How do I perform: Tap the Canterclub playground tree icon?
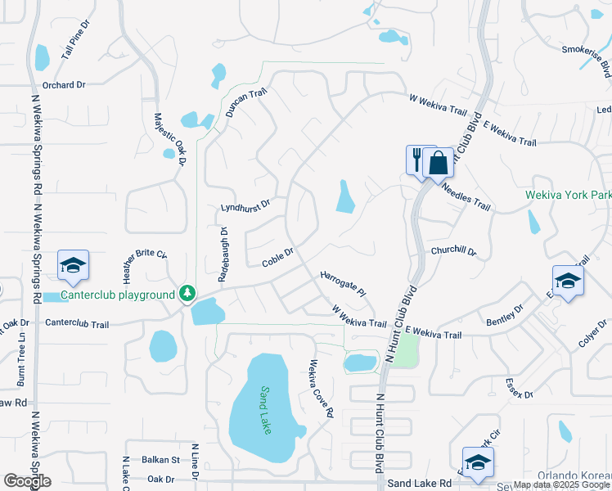coord(187,293)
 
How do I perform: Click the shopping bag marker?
coord(439,162)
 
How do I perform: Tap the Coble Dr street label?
coord(277,258)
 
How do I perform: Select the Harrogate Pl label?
coord(343,283)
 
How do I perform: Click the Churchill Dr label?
coord(453,250)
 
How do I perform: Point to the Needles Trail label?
coord(466,197)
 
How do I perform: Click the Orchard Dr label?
coord(64,85)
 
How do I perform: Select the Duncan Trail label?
coord(246,104)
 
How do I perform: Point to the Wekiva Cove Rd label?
coord(322,390)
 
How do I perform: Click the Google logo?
coord(27,481)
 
